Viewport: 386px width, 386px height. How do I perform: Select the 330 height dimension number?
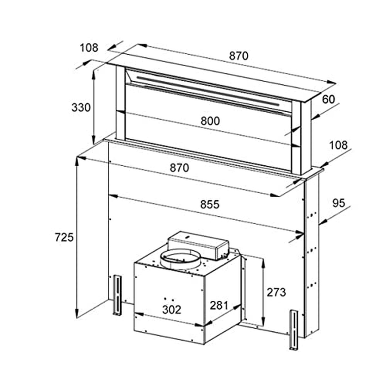coord(81,107)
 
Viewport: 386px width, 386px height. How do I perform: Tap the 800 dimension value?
coord(210,121)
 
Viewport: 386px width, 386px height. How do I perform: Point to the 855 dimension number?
coord(209,204)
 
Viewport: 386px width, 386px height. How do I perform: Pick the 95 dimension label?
coord(338,203)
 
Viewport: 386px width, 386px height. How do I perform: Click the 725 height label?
coord(64,237)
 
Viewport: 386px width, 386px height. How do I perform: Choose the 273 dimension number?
coord(276,292)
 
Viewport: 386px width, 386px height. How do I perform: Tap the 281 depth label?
coord(219,305)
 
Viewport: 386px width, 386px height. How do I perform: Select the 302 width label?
coord(171,310)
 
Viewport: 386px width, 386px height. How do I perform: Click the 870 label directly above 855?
coord(179,168)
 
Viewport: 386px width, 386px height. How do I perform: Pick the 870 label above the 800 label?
coord(239,56)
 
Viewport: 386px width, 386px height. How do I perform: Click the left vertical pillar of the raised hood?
coord(120,103)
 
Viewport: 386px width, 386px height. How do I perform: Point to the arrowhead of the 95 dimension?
coord(322,221)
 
